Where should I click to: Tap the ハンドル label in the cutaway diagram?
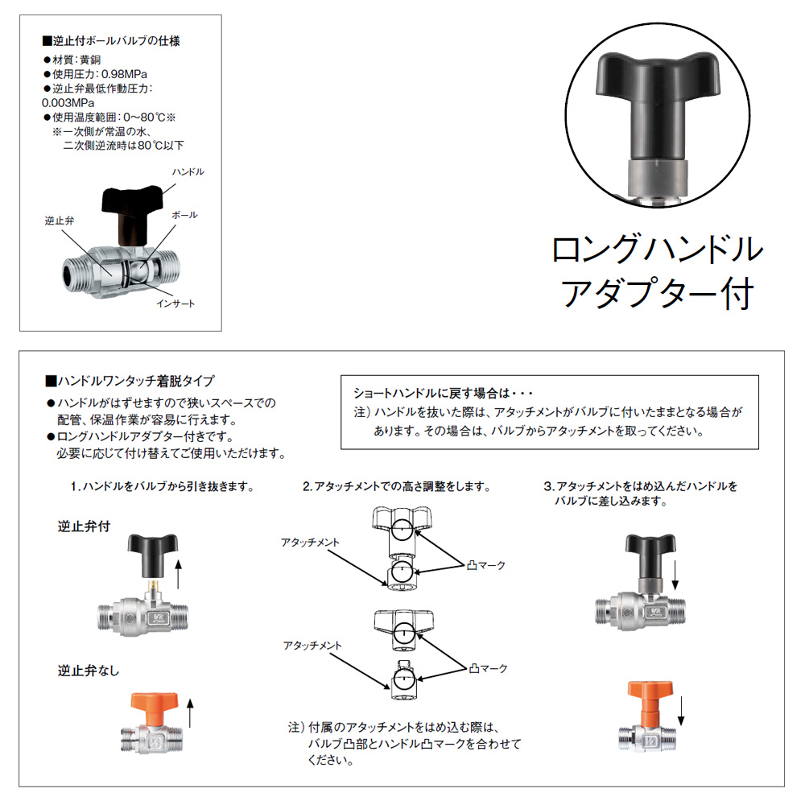click(188, 171)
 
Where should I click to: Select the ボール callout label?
click(184, 215)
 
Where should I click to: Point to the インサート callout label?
click(175, 303)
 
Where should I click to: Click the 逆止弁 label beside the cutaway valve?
click(59, 221)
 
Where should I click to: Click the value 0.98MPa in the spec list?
click(124, 74)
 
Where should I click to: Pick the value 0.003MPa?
click(68, 103)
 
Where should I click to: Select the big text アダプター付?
click(657, 293)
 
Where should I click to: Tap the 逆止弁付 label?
click(84, 526)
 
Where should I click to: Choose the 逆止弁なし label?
click(89, 671)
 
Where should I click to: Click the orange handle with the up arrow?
click(155, 710)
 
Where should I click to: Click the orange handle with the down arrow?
click(650, 704)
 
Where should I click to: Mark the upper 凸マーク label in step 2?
click(486, 565)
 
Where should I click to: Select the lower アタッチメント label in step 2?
click(312, 646)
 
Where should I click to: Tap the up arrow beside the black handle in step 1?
click(178, 575)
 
